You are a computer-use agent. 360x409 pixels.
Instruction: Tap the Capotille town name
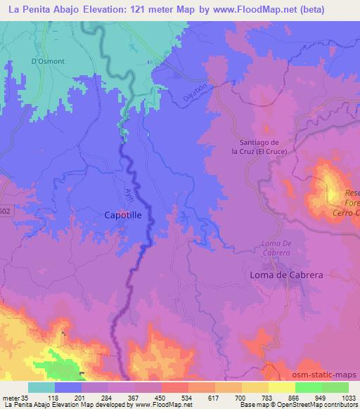[127, 217]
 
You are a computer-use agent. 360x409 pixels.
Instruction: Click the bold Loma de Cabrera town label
[287, 275]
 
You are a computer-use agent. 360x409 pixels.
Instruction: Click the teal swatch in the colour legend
[41, 387]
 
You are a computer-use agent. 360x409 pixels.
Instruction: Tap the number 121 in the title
[129, 8]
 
